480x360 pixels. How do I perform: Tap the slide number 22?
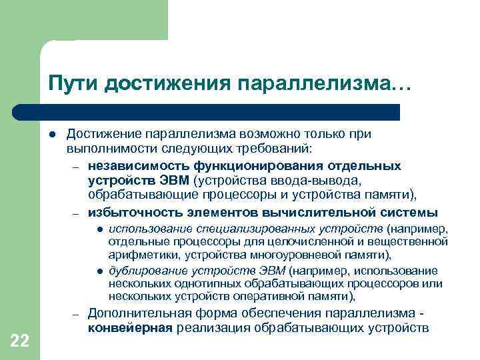[20, 341]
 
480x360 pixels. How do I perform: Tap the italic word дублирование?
[145, 271]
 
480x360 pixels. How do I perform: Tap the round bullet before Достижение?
[51, 134]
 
